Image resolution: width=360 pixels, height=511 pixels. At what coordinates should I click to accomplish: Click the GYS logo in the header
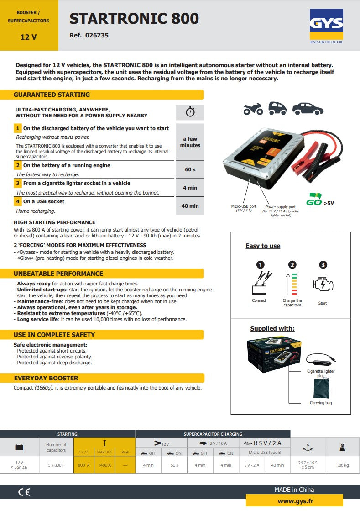(326, 24)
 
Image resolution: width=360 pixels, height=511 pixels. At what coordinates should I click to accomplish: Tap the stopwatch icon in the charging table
(190, 112)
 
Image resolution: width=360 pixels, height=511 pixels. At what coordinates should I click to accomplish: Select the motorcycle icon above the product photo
(253, 109)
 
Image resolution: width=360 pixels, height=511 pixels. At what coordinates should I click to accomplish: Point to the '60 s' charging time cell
(190, 169)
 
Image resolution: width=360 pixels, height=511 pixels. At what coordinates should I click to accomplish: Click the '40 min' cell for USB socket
(190, 206)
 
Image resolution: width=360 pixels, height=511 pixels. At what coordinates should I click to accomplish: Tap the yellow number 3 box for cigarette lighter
(18, 183)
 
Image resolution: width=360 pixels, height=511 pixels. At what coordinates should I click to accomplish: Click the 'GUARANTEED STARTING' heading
(52, 95)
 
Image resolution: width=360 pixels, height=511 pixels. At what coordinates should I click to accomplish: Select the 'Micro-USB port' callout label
(244, 206)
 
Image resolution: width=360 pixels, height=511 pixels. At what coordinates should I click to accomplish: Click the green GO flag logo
(314, 200)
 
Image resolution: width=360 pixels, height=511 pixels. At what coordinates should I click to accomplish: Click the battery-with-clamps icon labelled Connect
(260, 284)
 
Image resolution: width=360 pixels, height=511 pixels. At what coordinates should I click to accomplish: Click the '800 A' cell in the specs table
(83, 465)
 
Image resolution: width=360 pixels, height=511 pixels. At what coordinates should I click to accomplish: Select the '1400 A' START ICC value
(104, 465)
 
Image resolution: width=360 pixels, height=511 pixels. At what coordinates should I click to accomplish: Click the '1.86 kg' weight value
(342, 465)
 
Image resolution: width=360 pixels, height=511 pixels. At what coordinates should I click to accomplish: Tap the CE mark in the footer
(24, 492)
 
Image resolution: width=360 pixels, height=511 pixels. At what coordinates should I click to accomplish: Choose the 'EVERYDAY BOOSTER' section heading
(46, 378)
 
